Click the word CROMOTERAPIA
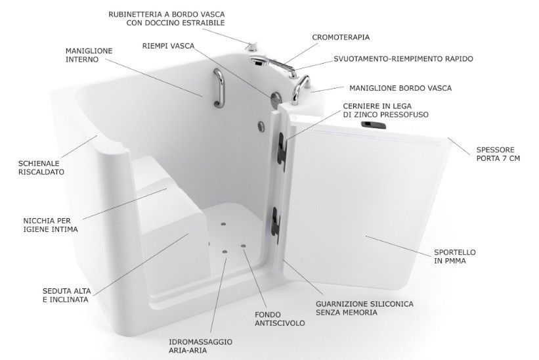[x=341, y=37]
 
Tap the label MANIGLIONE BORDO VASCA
[x=400, y=88]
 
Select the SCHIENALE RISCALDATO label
[x=41, y=168]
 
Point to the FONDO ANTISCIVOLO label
[x=280, y=319]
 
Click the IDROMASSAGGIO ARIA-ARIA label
[x=200, y=346]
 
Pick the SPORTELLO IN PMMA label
[x=455, y=256]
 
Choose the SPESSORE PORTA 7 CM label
[x=498, y=154]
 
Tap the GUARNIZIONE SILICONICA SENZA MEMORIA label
[x=365, y=308]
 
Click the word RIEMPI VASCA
[x=169, y=46]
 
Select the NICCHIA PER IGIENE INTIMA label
[x=51, y=225]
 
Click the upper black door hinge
[x=282, y=151]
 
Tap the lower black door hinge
[x=275, y=225]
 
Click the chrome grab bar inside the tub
[x=219, y=87]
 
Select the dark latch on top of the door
[x=374, y=125]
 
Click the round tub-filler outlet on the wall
[x=276, y=99]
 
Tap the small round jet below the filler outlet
[x=261, y=126]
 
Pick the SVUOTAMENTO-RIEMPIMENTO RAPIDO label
[x=403, y=59]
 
